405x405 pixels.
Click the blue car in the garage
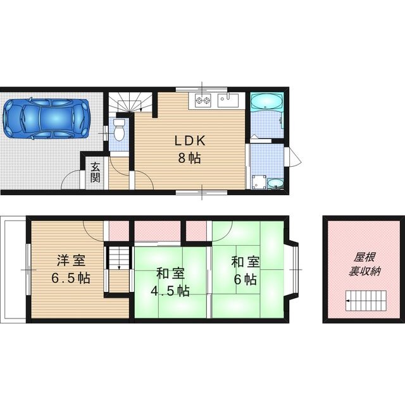[46, 118]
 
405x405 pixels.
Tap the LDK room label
[189, 141]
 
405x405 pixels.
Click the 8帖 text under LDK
[189, 159]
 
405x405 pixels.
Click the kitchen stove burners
[202, 100]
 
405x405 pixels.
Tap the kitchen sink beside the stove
[227, 100]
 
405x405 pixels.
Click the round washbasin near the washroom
[275, 183]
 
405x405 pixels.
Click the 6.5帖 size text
[70, 278]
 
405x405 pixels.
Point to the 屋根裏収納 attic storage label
[364, 265]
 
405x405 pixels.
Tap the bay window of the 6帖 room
[294, 269]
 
